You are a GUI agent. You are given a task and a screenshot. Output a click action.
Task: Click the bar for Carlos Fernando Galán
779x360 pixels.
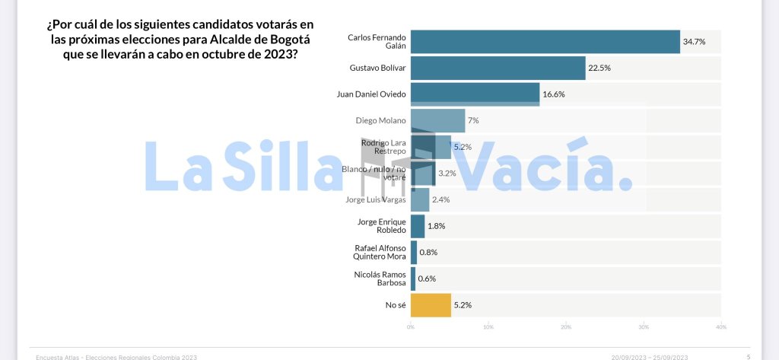coord(545,41)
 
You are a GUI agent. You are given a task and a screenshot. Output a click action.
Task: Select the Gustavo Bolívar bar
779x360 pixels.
coord(498,68)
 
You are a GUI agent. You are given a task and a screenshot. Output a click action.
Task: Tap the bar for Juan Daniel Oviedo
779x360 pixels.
coord(475,94)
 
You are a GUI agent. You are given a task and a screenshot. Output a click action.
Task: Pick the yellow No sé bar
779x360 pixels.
coord(431,305)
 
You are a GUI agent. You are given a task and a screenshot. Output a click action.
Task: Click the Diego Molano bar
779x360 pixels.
coord(437,120)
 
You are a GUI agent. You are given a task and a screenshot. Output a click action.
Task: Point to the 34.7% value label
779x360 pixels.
coord(693,41)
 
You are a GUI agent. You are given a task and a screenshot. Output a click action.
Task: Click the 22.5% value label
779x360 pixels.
coord(599,68)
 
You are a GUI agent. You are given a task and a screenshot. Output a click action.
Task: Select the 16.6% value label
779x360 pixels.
coord(553,94)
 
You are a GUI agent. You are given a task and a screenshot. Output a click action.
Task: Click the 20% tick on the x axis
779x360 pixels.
coord(566,327)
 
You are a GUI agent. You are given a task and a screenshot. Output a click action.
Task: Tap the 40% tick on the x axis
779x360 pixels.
coord(720,327)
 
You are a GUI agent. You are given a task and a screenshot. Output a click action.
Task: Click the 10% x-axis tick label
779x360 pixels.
coord(488,327)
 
